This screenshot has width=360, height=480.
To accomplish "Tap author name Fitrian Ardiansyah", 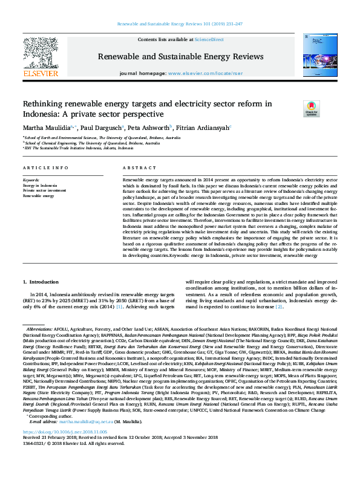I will [x=204, y=128].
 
